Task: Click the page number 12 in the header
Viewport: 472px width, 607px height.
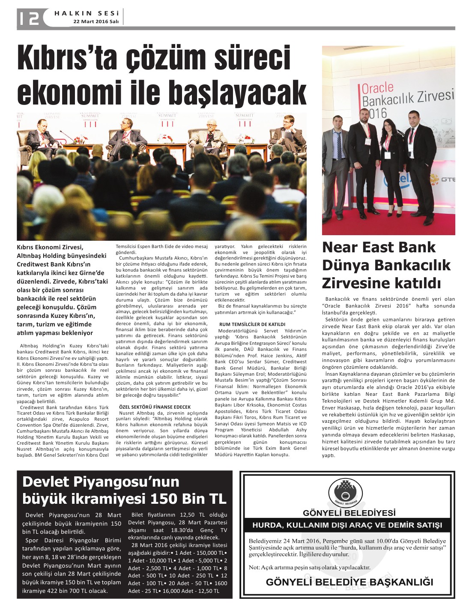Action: coord(28,18)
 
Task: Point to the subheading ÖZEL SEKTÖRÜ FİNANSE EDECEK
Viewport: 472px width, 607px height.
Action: coord(155,407)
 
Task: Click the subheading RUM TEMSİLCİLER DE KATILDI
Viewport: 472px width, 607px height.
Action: coord(252,324)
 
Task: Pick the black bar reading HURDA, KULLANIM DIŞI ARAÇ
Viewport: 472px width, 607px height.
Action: coord(347,525)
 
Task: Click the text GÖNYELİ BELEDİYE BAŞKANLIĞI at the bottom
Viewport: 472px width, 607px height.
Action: coord(349,582)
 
